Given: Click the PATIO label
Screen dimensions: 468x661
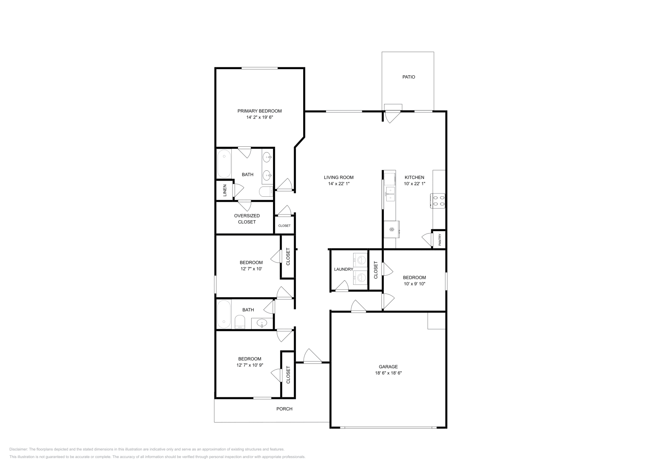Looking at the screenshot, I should [x=409, y=77].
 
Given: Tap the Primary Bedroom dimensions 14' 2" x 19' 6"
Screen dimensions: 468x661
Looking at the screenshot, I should [x=259, y=117].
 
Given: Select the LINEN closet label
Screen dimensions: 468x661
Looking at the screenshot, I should [x=225, y=190].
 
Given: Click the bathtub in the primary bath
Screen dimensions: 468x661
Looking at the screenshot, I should [x=224, y=164].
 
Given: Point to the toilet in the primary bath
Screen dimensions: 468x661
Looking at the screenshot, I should [x=264, y=191].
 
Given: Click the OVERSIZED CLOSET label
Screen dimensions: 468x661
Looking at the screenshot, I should [x=247, y=219].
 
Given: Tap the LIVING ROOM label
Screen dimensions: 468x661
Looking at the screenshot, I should [x=338, y=177].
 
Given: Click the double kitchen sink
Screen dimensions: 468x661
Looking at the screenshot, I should [x=390, y=194].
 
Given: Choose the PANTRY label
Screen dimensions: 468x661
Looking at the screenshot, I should [x=440, y=240].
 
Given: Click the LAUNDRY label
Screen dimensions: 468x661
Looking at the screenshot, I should [x=343, y=269].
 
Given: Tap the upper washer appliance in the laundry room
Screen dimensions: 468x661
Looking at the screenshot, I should [x=361, y=260].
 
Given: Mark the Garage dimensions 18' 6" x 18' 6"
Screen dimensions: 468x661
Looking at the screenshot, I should [x=388, y=373].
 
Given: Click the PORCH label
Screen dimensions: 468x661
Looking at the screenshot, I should [x=284, y=409].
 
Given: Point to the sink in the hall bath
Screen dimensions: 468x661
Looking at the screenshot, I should [x=262, y=323].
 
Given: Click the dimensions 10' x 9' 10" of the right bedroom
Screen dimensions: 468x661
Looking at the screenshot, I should [x=414, y=284].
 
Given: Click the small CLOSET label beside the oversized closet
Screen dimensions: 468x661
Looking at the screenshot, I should [x=284, y=226].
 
